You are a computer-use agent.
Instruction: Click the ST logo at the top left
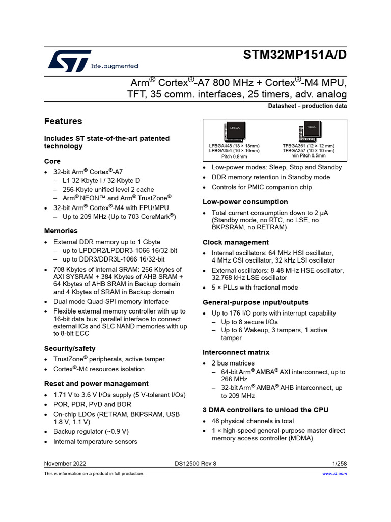[69, 61]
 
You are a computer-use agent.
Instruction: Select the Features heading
[63, 121]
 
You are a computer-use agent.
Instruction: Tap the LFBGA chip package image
[234, 132]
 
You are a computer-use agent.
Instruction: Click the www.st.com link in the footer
[334, 474]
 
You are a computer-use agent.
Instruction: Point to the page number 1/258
[339, 463]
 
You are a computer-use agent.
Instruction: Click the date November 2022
[65, 463]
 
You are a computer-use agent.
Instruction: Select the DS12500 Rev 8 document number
[195, 463]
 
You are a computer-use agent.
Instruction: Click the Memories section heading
[61, 231]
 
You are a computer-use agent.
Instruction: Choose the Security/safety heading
[70, 348]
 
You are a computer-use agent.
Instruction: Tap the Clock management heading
[236, 242]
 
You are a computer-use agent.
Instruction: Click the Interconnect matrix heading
[236, 352]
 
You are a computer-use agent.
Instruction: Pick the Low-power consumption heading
[245, 202]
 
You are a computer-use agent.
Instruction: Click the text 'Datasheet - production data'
[308, 106]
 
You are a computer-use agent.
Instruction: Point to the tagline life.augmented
[115, 66]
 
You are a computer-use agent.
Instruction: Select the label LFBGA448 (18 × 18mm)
[234, 146]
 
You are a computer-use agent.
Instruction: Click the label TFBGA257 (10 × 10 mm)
[309, 151]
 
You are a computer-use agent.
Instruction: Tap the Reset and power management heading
[96, 384]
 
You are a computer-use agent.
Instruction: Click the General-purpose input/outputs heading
[256, 302]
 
